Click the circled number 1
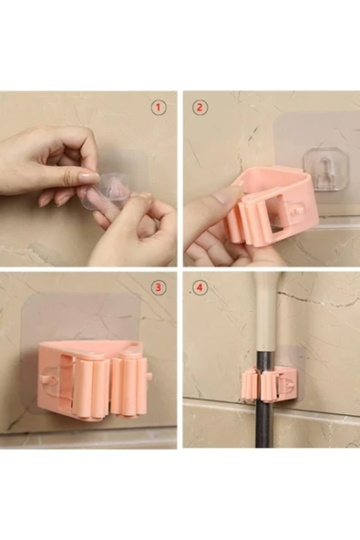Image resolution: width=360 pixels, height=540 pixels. click(159, 108)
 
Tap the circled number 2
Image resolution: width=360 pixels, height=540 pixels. click(200, 108)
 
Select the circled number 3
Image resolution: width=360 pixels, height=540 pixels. click(159, 287)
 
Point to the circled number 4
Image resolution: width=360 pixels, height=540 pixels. click(200, 287)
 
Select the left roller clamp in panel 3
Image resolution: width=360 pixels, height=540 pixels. click(88, 385)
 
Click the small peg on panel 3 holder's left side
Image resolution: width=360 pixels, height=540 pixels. click(45, 379)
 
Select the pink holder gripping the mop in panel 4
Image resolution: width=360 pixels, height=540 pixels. click(270, 385)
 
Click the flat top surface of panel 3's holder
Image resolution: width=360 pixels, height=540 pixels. click(90, 348)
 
